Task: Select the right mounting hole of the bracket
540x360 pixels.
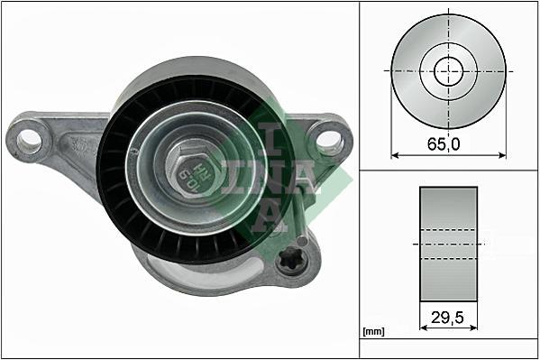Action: [330, 140]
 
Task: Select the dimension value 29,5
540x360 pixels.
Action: [448, 317]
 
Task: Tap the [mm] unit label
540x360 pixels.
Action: [373, 332]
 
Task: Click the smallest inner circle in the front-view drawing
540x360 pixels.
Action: [448, 69]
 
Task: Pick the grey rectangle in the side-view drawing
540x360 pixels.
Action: [448, 244]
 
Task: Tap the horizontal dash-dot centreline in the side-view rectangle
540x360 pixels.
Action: [448, 244]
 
